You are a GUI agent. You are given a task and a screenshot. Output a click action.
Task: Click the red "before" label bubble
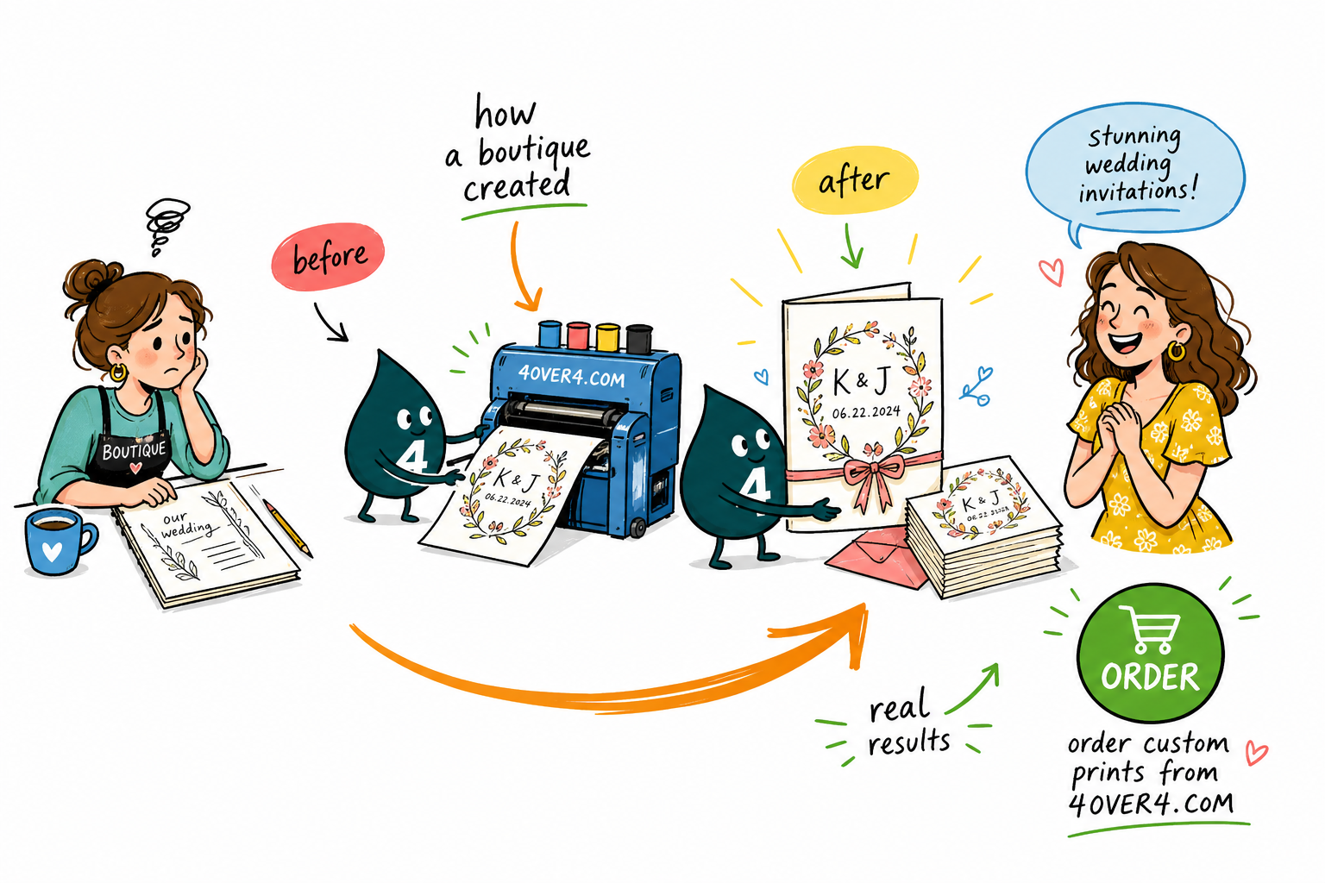coord(328,257)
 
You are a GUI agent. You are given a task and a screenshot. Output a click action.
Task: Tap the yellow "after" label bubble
coord(855,180)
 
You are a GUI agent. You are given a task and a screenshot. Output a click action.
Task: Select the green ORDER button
coord(1150,653)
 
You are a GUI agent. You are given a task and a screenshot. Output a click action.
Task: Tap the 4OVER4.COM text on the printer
coord(571,375)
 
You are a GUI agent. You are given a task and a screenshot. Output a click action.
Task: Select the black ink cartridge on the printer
coord(639,339)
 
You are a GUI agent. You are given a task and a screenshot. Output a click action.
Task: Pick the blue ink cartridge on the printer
coord(549,335)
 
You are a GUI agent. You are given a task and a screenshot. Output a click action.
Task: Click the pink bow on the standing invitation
coord(874,479)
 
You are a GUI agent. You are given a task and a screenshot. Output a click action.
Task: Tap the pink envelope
coord(876,558)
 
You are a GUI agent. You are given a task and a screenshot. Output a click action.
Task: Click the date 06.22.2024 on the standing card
coord(866,412)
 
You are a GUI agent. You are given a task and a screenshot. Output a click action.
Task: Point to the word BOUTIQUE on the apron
coord(135,451)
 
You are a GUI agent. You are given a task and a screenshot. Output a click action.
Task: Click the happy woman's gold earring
coord(1177,350)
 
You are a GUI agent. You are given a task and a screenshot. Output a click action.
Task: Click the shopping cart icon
coord(1149,629)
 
